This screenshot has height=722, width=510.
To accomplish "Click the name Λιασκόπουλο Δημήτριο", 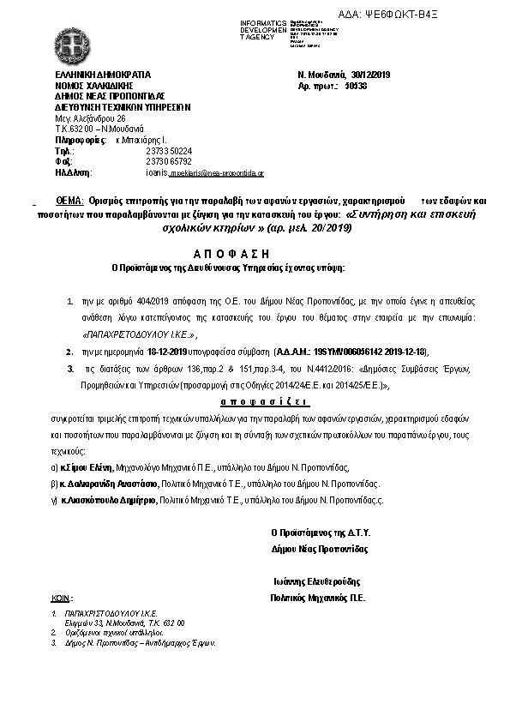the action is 107,498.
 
